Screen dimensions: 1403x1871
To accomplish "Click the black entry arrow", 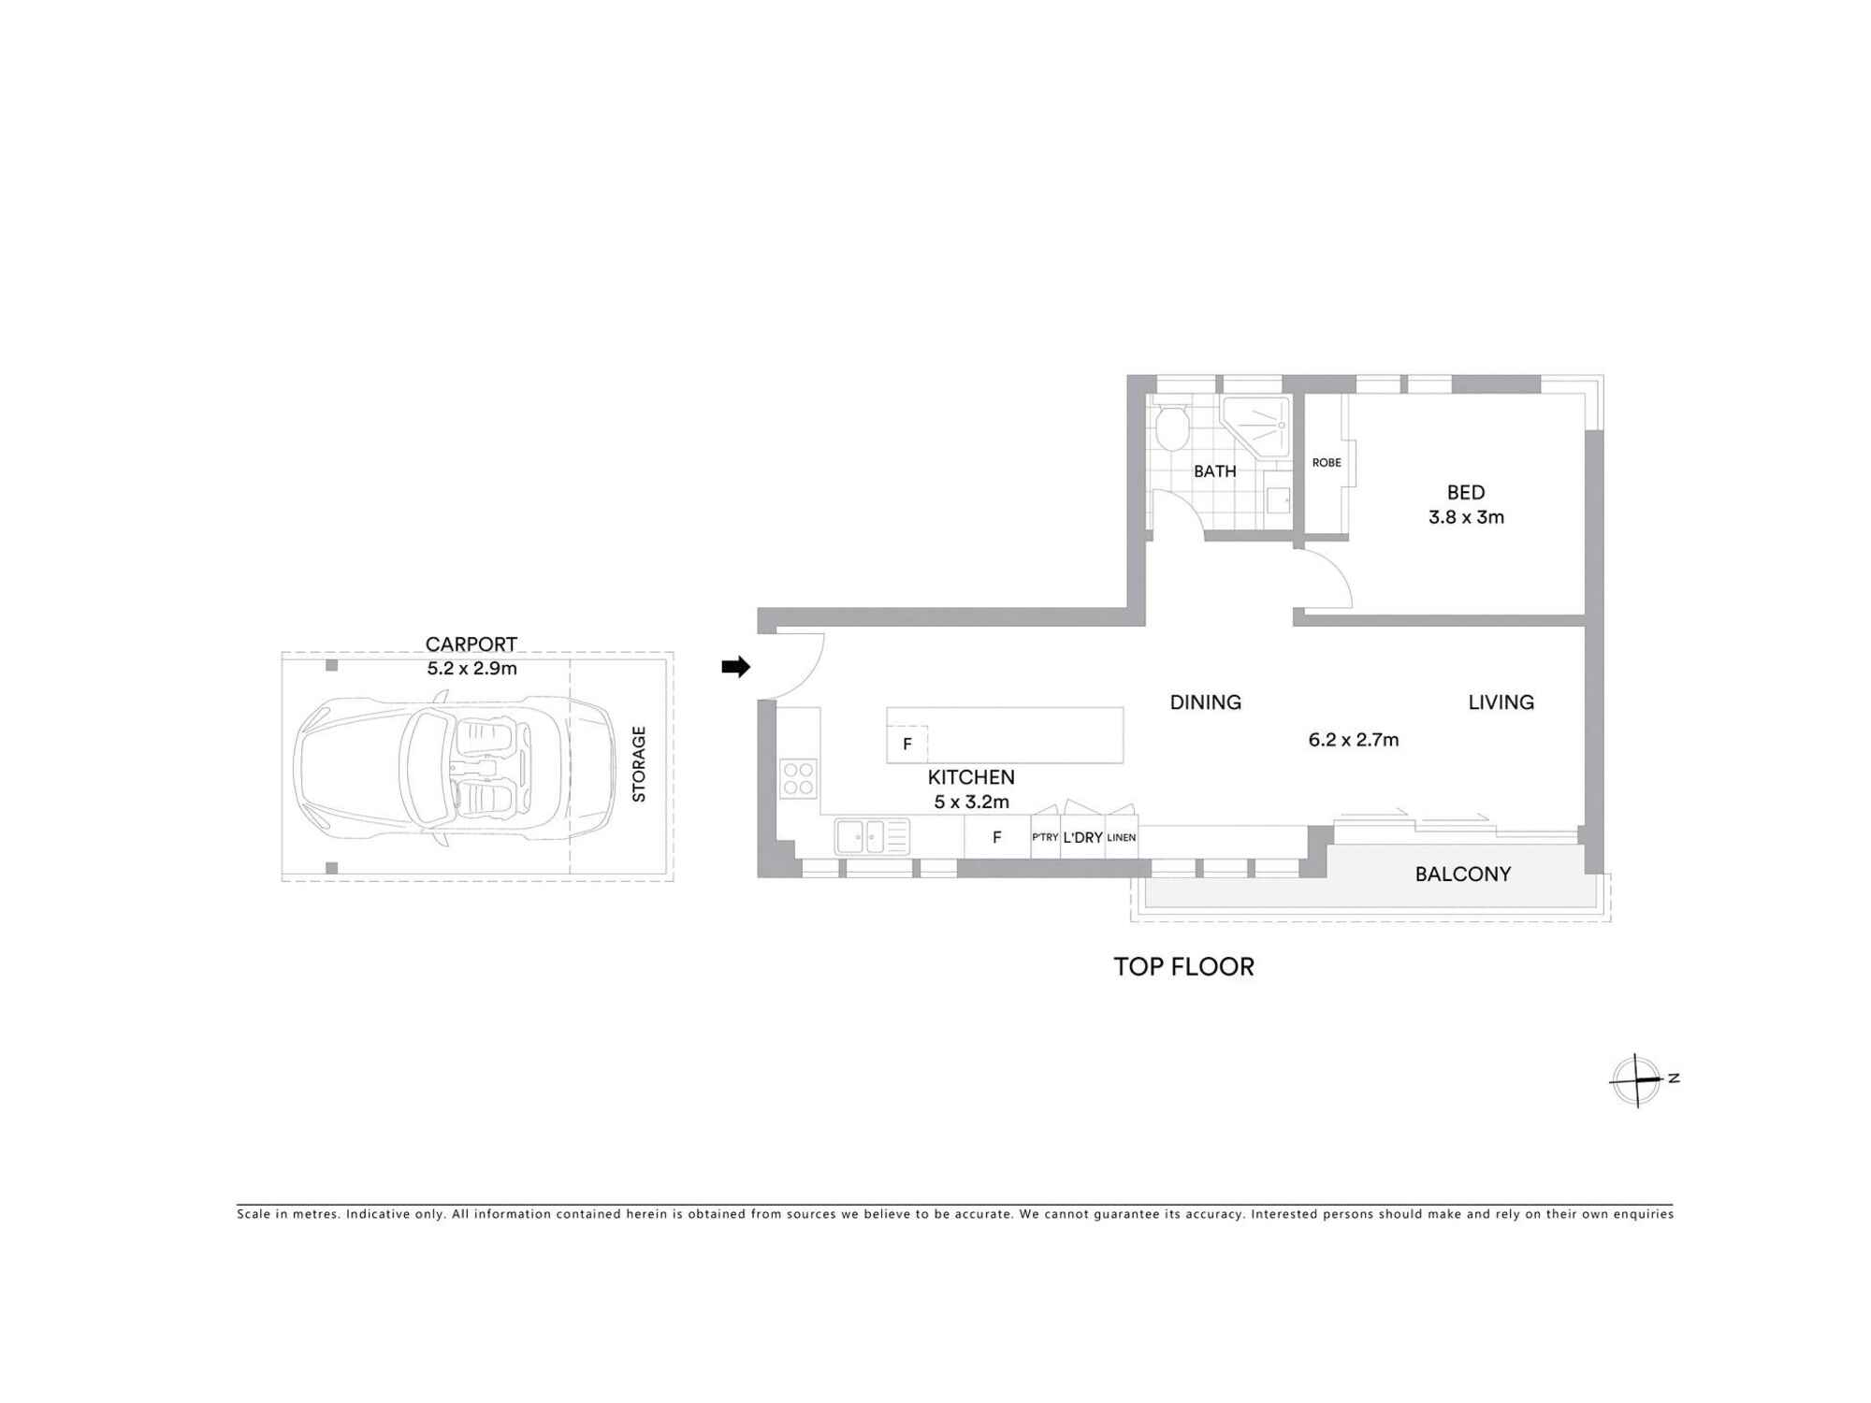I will tap(735, 667).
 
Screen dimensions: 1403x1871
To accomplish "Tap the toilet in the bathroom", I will tap(1171, 429).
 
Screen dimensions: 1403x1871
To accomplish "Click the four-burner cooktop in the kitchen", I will tap(799, 778).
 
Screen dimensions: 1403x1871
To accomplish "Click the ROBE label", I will tap(1327, 463).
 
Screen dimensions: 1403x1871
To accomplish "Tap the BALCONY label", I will tap(1462, 874).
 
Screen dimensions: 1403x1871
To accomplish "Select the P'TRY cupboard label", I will tap(1045, 837).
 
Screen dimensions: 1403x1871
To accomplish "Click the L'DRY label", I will tap(1082, 837).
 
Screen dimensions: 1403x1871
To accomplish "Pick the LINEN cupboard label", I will tap(1121, 837).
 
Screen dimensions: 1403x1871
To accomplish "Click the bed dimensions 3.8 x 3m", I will tap(1466, 517).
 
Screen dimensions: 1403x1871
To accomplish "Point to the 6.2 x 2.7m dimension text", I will tap(1353, 740).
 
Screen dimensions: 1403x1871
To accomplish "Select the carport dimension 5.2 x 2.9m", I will tap(471, 668).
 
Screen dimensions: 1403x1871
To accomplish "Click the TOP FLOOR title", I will tap(1183, 966).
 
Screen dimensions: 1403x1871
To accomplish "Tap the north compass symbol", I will tap(1637, 1080).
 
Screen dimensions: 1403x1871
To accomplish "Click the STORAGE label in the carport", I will tap(639, 763).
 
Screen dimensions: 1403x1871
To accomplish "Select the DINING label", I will tap(1205, 702).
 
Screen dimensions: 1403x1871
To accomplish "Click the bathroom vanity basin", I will tap(1278, 499).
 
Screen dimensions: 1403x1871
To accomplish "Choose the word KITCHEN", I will tap(971, 777).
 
